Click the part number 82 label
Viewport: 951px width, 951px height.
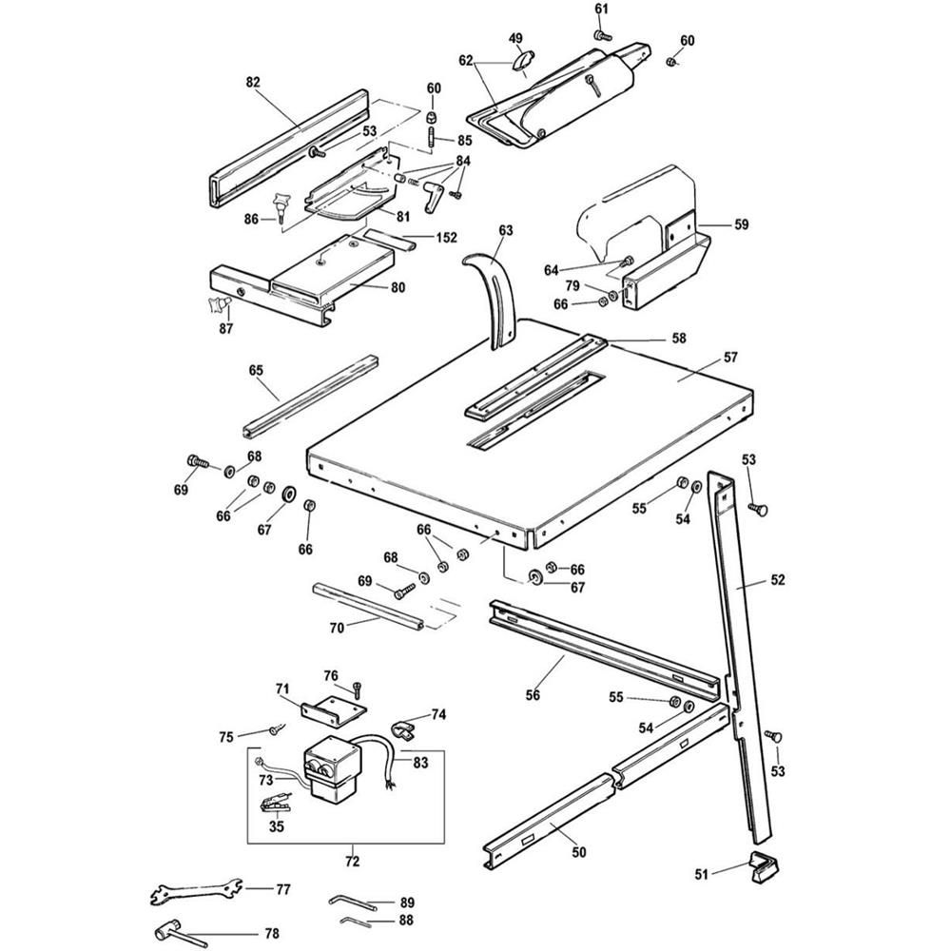tap(252, 83)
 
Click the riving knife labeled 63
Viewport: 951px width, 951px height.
tap(495, 290)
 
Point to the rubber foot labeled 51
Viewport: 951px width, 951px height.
tap(763, 867)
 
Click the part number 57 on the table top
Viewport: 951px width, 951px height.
tap(729, 358)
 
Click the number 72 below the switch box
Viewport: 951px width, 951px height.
tap(351, 861)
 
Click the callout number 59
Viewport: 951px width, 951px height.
tap(741, 225)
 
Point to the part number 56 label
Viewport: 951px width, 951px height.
tap(532, 695)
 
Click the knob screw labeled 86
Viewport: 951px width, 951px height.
tap(281, 204)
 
